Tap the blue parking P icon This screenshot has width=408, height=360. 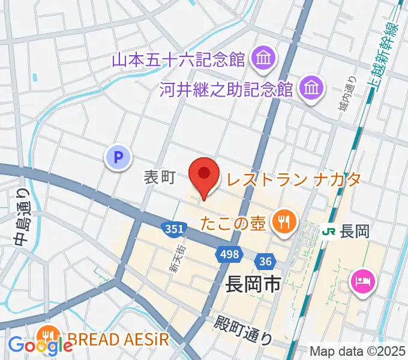pyautogui.click(x=118, y=158)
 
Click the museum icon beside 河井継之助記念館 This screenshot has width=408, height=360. pyautogui.click(x=311, y=89)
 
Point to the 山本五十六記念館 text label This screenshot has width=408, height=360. pyautogui.click(x=179, y=59)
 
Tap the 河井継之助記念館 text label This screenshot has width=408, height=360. pyautogui.click(x=226, y=90)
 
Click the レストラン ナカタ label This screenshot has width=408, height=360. pyautogui.click(x=293, y=178)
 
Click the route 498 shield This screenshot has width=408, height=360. pyautogui.click(x=227, y=256)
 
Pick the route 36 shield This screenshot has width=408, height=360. pyautogui.click(x=265, y=261)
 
